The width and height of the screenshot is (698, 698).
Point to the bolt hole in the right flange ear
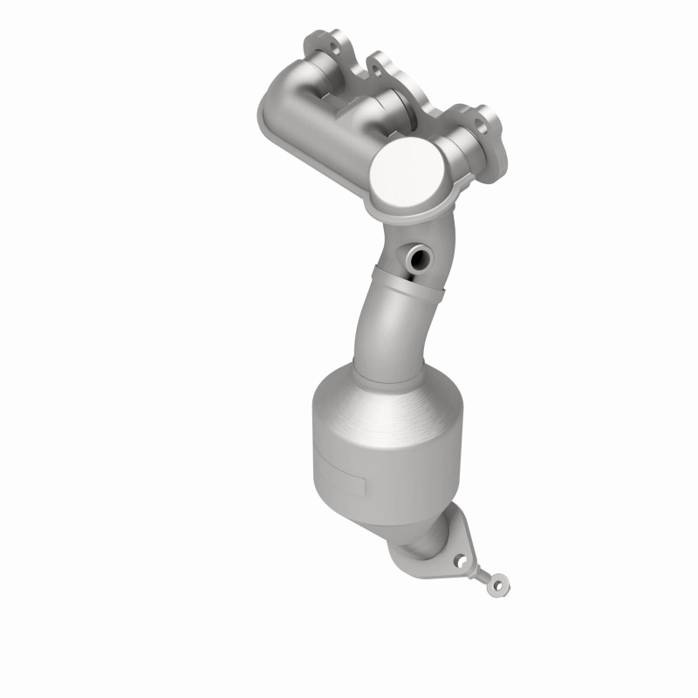482,115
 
